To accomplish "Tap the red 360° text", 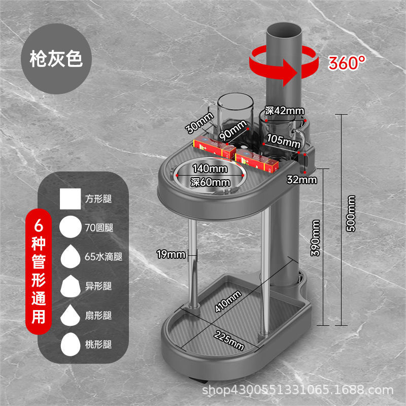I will [x=347, y=62].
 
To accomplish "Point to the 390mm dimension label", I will [x=316, y=238].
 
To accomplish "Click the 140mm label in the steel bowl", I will [x=209, y=168].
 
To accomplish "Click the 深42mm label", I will [x=284, y=111].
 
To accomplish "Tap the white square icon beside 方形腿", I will [x=71, y=199].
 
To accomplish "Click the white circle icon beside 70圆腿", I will [x=71, y=227].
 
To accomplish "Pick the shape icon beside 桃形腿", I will [x=71, y=345].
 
